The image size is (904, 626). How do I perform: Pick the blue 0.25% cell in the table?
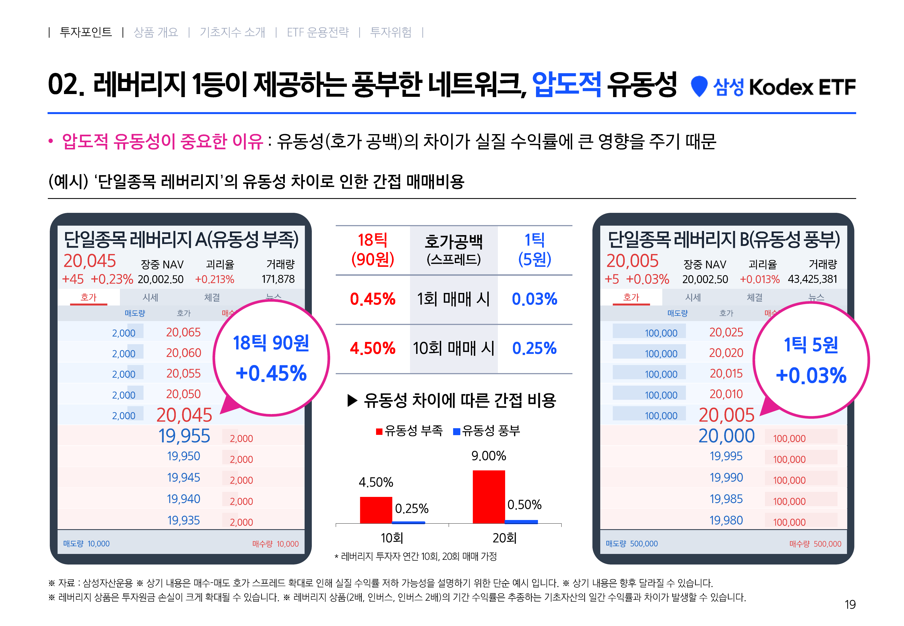(534, 348)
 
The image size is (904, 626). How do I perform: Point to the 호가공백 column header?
(454, 250)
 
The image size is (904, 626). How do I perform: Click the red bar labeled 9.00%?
(488, 497)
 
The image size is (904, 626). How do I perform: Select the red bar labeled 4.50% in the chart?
(376, 510)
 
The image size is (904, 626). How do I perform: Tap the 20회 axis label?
(505, 538)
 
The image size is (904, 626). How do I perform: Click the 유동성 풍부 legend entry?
(486, 431)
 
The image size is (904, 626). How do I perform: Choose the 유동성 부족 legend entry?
(409, 431)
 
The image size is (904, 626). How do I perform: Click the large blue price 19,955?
(184, 436)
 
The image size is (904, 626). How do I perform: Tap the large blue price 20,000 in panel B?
(727, 436)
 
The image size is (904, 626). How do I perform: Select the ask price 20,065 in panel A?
(184, 332)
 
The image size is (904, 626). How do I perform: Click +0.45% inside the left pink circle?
(271, 373)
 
